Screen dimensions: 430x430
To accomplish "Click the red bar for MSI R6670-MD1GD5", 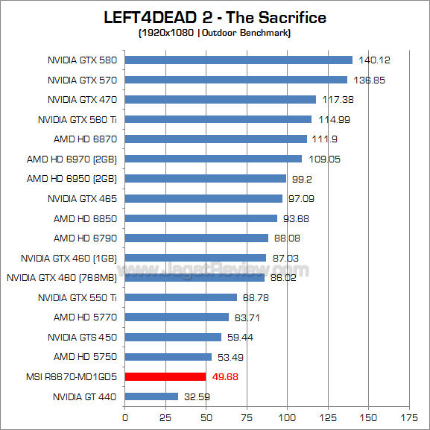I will point(165,376).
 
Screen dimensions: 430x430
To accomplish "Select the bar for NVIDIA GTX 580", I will point(238,60).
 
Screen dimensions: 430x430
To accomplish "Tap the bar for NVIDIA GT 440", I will point(151,396).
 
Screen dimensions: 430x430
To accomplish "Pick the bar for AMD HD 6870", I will point(215,139).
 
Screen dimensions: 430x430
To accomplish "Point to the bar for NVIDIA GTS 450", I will point(173,337).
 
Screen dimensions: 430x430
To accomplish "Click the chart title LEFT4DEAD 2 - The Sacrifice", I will point(215,17).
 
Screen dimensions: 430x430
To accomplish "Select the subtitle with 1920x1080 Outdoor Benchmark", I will point(215,33).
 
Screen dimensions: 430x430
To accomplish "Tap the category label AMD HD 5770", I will point(85,317).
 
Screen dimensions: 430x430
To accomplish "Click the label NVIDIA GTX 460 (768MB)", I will point(62,278).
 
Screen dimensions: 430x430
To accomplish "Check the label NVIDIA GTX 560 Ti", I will point(78,119).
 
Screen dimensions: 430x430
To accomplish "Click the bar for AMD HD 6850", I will point(200,218).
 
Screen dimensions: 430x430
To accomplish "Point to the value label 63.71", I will point(250,317).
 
